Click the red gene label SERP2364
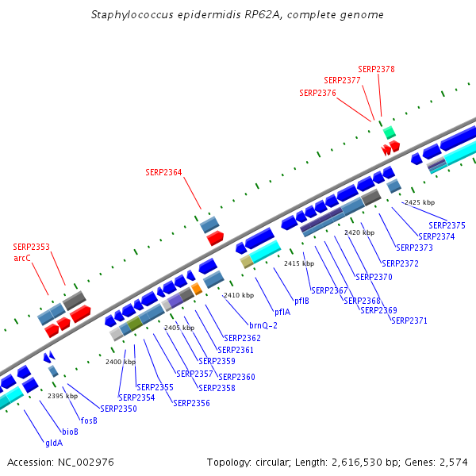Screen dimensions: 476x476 163,172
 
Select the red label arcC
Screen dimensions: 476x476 22,258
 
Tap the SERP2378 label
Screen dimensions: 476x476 376,69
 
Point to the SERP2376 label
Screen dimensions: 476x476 317,93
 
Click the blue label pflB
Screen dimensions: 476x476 301,301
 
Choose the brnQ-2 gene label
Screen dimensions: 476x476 263,325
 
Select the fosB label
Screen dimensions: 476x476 89,420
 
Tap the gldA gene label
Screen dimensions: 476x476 54,443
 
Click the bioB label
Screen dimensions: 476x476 70,432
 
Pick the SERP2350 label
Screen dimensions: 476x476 118,409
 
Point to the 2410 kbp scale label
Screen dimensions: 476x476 239,295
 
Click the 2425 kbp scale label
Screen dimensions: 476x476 420,202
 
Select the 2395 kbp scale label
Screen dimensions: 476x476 63,396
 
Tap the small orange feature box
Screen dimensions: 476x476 197,289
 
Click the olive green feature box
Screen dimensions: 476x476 135,324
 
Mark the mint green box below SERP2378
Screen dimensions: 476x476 390,132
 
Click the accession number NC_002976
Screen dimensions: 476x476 86,463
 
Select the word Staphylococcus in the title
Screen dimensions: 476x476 132,14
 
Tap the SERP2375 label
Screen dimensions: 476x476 447,225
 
